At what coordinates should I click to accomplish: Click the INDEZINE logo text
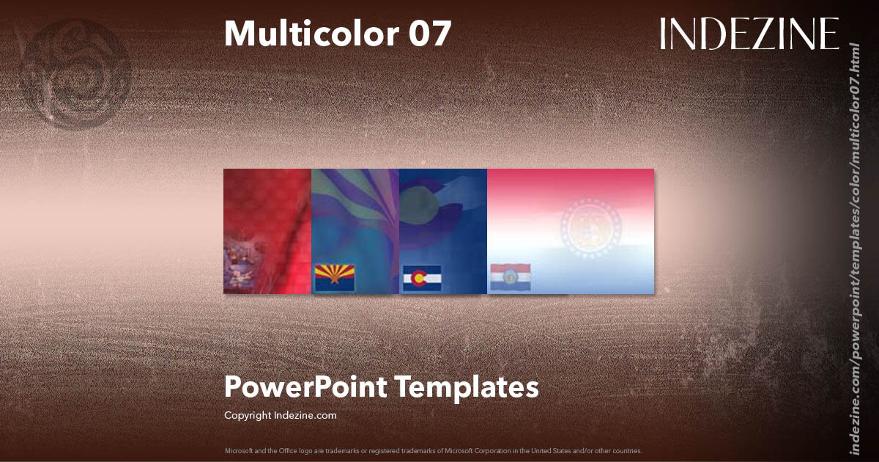click(x=749, y=34)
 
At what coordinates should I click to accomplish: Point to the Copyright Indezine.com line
click(x=281, y=415)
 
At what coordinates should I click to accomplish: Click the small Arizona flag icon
click(x=334, y=278)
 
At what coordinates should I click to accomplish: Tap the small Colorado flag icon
click(x=421, y=279)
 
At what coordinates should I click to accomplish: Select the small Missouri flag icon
click(x=510, y=278)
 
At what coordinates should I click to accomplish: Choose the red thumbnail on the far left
click(x=267, y=231)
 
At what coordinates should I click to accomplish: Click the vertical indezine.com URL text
click(x=853, y=248)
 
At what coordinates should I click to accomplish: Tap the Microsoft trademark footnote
click(x=433, y=450)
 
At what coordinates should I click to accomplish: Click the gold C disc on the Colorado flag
click(x=419, y=279)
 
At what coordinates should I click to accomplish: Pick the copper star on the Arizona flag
click(x=334, y=277)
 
